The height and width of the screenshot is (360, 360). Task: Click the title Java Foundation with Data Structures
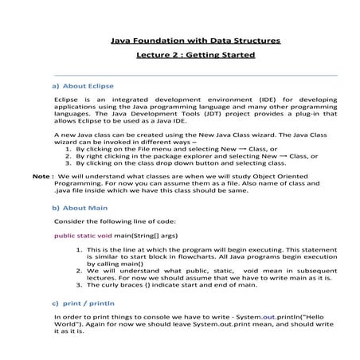click(x=194, y=39)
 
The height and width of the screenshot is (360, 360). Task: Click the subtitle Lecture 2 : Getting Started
click(x=194, y=55)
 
